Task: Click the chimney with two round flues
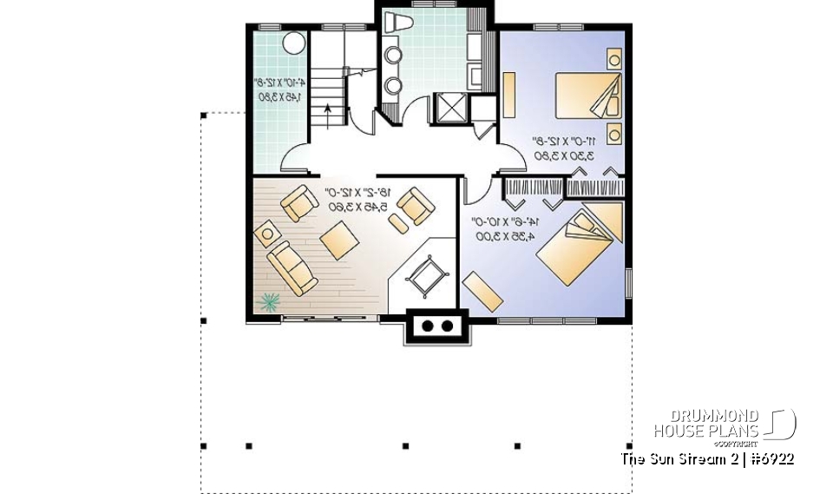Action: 436,326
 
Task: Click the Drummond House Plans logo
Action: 725,426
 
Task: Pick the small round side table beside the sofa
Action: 265,233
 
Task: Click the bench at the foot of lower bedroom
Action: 482,289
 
